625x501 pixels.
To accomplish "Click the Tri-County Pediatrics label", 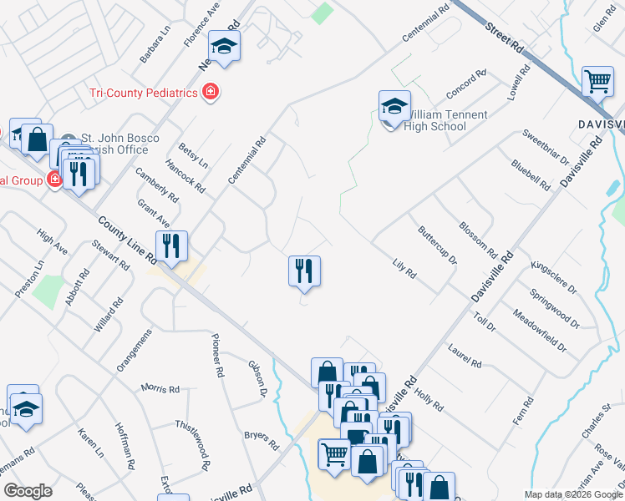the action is [143, 91].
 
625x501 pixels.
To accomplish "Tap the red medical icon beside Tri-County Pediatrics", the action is [211, 91].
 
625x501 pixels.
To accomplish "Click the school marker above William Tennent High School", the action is [394, 106].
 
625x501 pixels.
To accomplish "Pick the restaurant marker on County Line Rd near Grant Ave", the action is [171, 246].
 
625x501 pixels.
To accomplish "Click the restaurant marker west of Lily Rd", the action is [304, 271].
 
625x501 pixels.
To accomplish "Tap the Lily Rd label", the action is [404, 269].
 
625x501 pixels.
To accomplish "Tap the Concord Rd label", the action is [466, 85].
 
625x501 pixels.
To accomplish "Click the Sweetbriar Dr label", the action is [545, 148].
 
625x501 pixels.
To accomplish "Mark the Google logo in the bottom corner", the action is [28, 491].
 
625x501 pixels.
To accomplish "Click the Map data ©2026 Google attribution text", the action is [573, 494].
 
